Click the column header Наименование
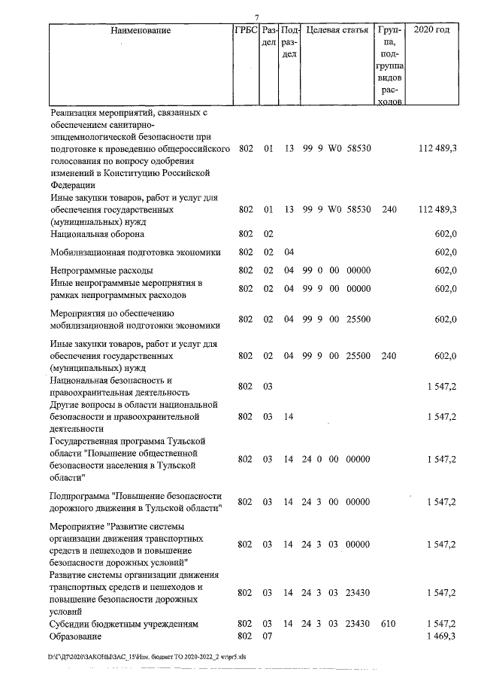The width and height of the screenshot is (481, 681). click(140, 31)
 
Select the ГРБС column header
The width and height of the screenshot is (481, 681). click(246, 31)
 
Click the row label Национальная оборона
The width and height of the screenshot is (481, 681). click(95, 234)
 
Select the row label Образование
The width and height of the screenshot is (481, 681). click(79, 637)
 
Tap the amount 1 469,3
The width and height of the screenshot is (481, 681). click(442, 637)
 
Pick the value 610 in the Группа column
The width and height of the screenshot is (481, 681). click(389, 625)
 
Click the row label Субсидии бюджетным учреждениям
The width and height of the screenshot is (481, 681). click(123, 625)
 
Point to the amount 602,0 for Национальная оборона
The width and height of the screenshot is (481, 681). click(446, 234)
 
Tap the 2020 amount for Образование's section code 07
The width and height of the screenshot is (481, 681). click(442, 637)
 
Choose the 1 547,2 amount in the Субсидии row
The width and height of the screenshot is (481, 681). click(442, 625)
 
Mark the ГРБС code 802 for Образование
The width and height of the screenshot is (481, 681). click(244, 637)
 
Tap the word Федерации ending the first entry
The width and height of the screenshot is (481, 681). click(72, 184)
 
